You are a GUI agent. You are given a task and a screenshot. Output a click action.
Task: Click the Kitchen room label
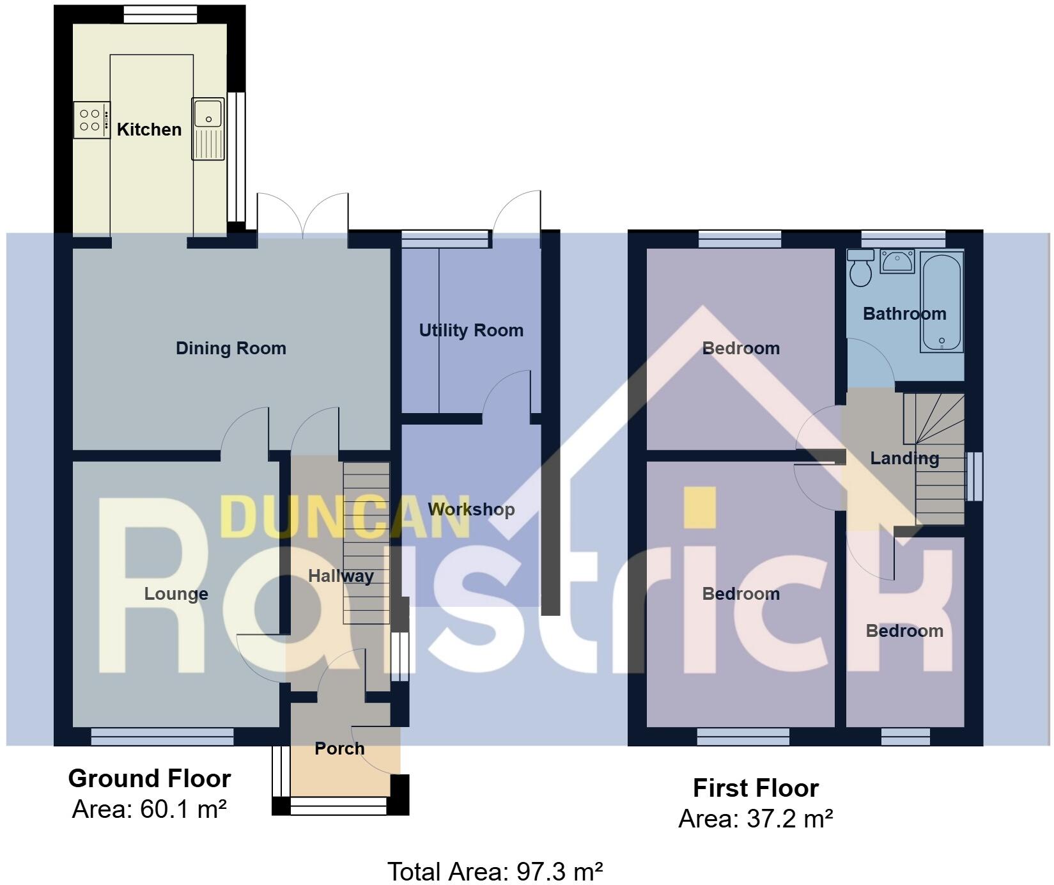coord(149,129)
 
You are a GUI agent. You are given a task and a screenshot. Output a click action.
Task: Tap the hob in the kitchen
coord(91,120)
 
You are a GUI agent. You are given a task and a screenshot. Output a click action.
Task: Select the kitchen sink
coord(208,129)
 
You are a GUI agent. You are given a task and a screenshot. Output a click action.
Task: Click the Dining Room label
coord(231,349)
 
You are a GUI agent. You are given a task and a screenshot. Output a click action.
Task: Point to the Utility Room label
coord(471,331)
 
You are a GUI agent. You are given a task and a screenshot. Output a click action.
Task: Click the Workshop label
coord(471,510)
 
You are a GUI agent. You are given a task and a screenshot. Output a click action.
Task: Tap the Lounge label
coord(176,594)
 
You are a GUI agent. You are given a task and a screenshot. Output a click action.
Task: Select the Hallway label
coord(341,576)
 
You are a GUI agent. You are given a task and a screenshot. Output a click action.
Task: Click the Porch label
coord(339,748)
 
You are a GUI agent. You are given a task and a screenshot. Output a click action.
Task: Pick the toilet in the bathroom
coord(861,269)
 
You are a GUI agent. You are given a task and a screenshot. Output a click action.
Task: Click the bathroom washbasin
coord(897,261)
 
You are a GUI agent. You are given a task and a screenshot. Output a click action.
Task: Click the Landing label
coord(904,458)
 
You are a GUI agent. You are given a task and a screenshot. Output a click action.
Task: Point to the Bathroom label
coord(904,314)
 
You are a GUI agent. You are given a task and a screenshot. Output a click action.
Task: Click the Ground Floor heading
coord(150,779)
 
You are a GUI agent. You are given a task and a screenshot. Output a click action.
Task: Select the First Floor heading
coord(756,788)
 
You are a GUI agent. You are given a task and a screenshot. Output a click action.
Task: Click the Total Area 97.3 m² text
coord(495,872)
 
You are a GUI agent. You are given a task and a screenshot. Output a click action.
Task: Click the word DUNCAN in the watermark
coord(345,516)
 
